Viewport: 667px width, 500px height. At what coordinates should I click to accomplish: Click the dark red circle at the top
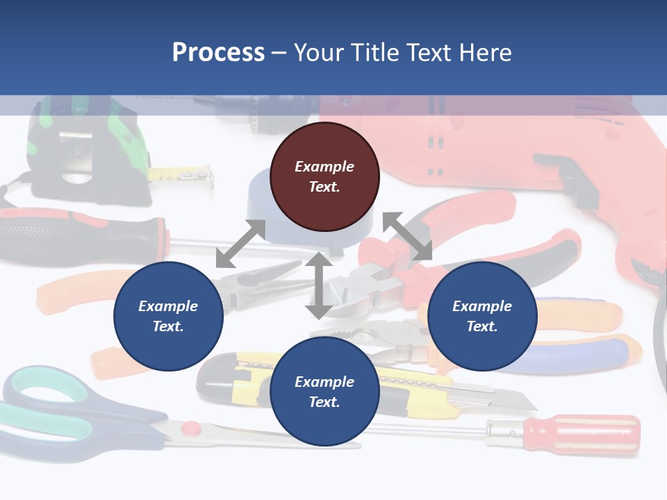[x=324, y=176]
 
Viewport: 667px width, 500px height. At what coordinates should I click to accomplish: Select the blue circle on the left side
[x=168, y=316]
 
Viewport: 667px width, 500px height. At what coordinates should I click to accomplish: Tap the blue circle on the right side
[x=482, y=316]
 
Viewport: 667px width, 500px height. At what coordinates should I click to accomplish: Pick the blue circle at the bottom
[x=324, y=392]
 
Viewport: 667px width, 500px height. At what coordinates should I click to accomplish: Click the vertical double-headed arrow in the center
[x=318, y=285]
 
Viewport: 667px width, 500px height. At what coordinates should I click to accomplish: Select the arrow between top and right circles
[x=407, y=236]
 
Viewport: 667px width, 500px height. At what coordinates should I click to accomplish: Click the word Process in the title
[x=218, y=53]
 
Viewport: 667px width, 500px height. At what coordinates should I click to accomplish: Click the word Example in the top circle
[x=324, y=167]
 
